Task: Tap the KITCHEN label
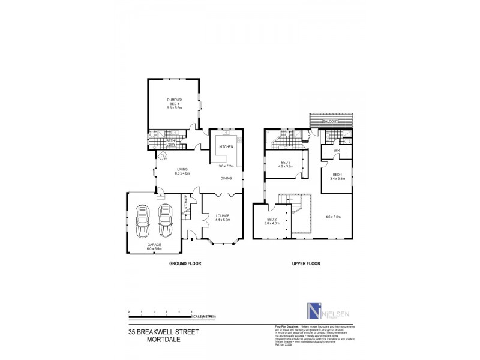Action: coord(226,146)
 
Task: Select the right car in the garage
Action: coord(165,221)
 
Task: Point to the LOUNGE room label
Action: coord(223,217)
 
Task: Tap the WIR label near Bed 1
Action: coord(337,150)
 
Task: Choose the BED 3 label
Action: coord(286,163)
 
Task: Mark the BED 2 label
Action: coord(271,219)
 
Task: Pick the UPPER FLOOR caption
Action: coord(307,263)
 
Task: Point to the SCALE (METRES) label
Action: coord(205,315)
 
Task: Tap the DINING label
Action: coord(226,178)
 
